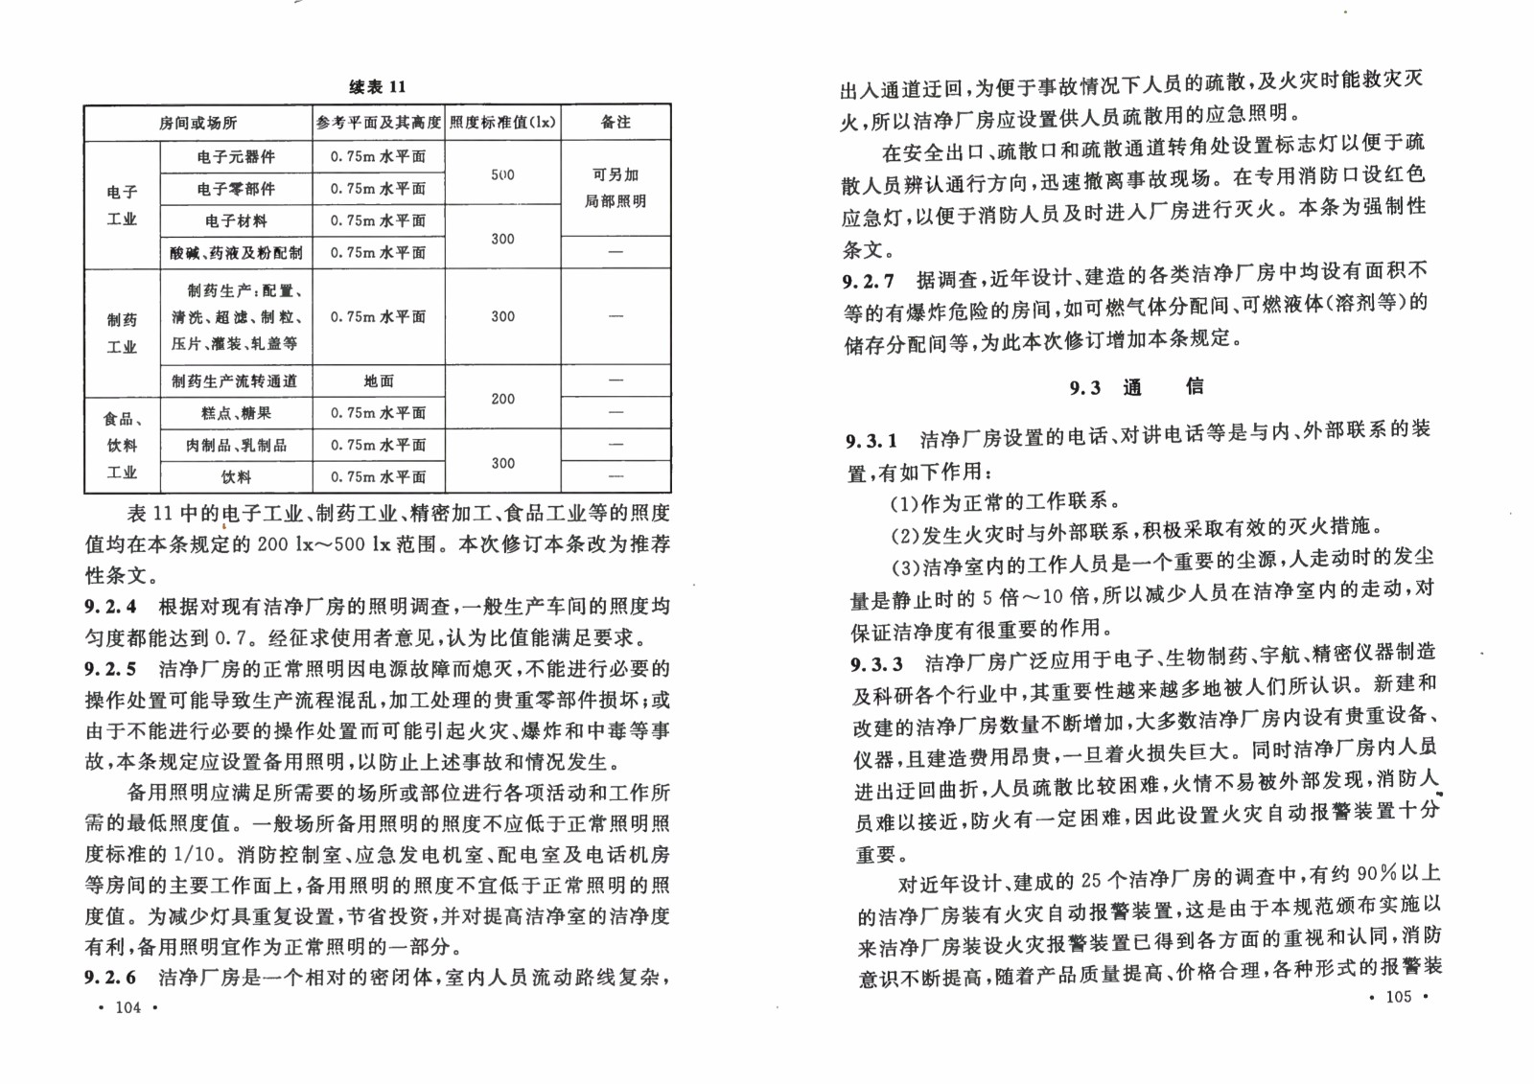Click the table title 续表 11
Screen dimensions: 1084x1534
[377, 87]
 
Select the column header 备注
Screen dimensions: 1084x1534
[616, 123]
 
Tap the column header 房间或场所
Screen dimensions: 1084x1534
[198, 123]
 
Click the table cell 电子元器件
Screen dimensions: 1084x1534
[236, 157]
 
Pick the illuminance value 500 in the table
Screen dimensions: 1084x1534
[502, 174]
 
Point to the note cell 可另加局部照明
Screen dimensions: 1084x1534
[616, 188]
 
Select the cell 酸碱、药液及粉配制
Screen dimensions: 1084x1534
[236, 253]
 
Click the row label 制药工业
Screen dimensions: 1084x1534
[122, 333]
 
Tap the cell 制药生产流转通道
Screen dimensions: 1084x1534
[236, 381]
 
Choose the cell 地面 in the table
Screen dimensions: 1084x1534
[379, 381]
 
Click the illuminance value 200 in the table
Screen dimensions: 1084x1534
[502, 398]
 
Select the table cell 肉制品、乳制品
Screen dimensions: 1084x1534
[236, 445]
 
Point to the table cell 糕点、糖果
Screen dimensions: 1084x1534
[236, 413]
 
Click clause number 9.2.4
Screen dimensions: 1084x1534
[110, 607]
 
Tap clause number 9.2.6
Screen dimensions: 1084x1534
[110, 978]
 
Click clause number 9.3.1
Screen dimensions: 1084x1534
[872, 441]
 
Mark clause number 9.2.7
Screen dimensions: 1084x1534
[869, 281]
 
